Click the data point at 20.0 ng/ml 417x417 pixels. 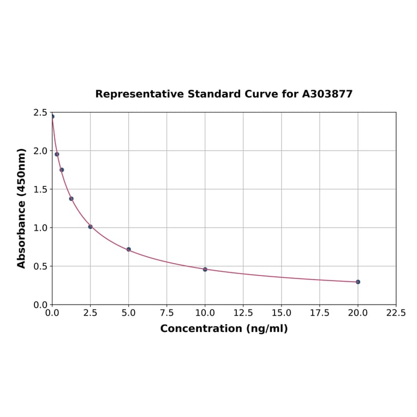[x=358, y=282]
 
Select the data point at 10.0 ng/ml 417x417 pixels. [x=205, y=269]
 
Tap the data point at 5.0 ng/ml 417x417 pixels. [x=129, y=249]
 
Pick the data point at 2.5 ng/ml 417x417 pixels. [x=91, y=227]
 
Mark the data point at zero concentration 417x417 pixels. [x=52, y=116]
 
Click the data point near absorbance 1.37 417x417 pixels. [x=72, y=199]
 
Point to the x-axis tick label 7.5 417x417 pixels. [x=167, y=313]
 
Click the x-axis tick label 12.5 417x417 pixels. [x=243, y=313]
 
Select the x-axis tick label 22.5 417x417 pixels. [x=396, y=313]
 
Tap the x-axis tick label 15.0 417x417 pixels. [x=281, y=313]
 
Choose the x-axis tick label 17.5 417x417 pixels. [x=319, y=313]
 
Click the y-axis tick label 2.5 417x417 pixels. [x=40, y=112]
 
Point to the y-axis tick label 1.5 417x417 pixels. [x=40, y=189]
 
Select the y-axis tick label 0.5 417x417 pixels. [x=40, y=266]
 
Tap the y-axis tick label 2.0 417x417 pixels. [x=40, y=151]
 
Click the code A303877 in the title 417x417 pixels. [x=327, y=94]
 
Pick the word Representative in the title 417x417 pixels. [x=139, y=94]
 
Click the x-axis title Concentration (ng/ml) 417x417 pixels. [x=224, y=329]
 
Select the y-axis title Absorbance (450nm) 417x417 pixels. [x=22, y=208]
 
